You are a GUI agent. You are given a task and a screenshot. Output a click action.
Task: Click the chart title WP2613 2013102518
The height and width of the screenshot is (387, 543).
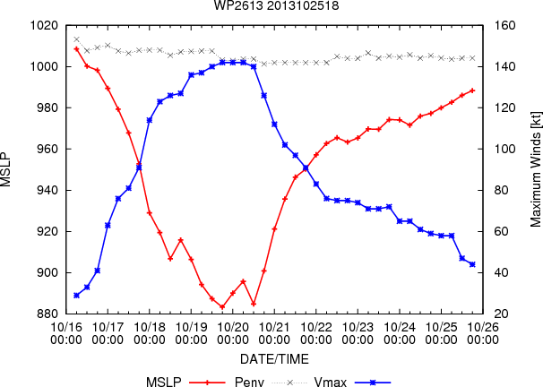click(x=276, y=5)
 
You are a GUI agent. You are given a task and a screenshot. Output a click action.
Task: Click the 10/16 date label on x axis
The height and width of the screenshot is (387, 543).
click(x=66, y=327)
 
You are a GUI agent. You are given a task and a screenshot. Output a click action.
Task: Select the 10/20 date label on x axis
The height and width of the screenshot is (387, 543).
click(x=233, y=327)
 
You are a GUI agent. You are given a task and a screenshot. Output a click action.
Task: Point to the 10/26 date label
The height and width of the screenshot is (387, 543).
click(x=483, y=327)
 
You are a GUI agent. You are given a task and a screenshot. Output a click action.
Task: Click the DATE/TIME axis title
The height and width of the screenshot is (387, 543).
click(x=274, y=359)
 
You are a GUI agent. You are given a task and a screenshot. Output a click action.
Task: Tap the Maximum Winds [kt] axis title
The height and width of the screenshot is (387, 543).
click(x=535, y=169)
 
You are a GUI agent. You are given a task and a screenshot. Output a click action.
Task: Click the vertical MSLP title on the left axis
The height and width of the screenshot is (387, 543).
click(x=6, y=169)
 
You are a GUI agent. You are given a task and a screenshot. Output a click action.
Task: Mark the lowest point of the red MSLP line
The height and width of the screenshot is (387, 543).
click(x=222, y=306)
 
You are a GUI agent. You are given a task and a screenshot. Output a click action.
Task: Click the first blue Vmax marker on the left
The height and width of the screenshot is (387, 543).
click(x=76, y=296)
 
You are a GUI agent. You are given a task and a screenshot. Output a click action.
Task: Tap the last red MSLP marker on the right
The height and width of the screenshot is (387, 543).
click(x=472, y=90)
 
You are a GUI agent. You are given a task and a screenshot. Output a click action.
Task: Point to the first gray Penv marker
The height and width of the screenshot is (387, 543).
click(x=76, y=39)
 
